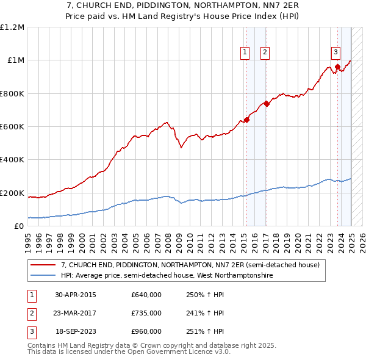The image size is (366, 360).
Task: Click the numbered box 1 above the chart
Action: click(245, 53)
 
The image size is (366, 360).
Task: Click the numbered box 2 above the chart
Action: click(265, 53)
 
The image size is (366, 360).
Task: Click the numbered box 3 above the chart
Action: click(335, 53)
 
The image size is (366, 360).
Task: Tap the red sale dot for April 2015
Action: click(247, 120)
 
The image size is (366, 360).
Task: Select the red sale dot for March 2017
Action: click(267, 104)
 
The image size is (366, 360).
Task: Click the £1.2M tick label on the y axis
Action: click(12, 27)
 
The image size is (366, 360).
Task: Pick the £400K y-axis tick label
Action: click(12, 160)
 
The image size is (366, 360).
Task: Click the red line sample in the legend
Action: click(43, 265)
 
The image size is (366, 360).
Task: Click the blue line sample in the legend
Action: click(43, 276)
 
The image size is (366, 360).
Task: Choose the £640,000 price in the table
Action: click(146, 295)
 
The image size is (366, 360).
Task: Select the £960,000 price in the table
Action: click(146, 331)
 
